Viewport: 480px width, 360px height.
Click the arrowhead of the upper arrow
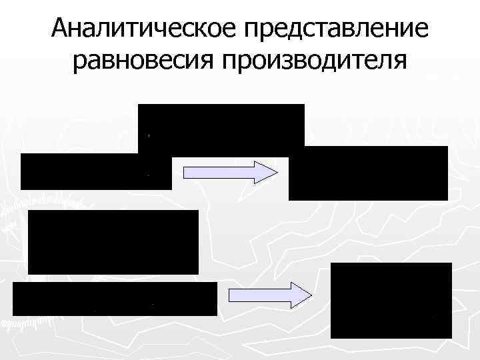[x=267, y=171]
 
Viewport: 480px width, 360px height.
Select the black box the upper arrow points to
[x=368, y=173]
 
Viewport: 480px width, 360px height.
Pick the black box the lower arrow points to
[x=391, y=300]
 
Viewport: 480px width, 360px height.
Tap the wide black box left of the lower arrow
[x=115, y=299]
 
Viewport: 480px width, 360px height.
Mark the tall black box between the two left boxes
[x=113, y=241]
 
